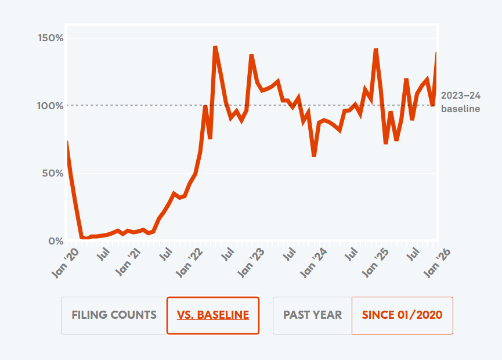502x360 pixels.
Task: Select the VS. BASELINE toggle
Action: point(212,315)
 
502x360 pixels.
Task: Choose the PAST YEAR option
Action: point(312,315)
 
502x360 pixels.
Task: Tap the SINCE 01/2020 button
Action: point(402,315)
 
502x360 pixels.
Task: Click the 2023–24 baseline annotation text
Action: point(460,102)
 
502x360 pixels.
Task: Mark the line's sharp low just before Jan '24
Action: point(314,155)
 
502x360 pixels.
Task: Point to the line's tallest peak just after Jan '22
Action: point(215,47)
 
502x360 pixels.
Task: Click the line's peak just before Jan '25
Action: point(376,50)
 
